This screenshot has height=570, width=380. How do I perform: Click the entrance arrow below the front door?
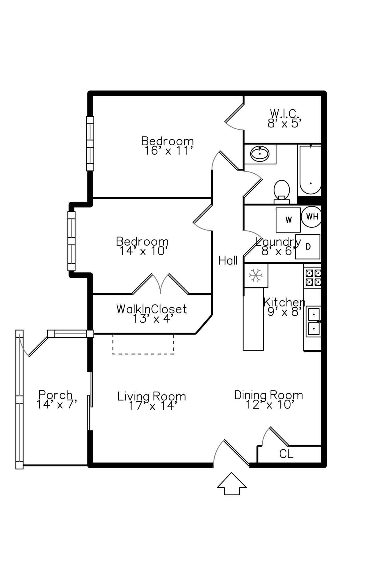click(x=231, y=484)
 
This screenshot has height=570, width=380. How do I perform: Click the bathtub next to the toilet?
click(x=310, y=170)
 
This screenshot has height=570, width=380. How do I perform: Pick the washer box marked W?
click(x=288, y=220)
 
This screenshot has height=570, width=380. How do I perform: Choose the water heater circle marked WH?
click(x=312, y=216)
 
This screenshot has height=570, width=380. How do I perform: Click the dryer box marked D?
click(x=308, y=247)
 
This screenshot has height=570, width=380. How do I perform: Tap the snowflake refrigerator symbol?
click(x=255, y=275)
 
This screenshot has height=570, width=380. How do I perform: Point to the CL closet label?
click(x=286, y=454)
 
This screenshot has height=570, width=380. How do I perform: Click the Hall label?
click(x=228, y=260)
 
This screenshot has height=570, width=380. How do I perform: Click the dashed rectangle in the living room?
click(x=143, y=344)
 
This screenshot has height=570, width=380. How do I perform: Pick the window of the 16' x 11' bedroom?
click(x=90, y=143)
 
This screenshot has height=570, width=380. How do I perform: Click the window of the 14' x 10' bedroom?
click(x=72, y=241)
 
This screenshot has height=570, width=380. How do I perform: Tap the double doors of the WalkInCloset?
click(x=160, y=284)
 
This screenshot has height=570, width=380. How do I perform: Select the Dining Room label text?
click(x=268, y=395)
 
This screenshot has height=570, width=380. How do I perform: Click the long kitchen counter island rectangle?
click(x=253, y=319)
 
